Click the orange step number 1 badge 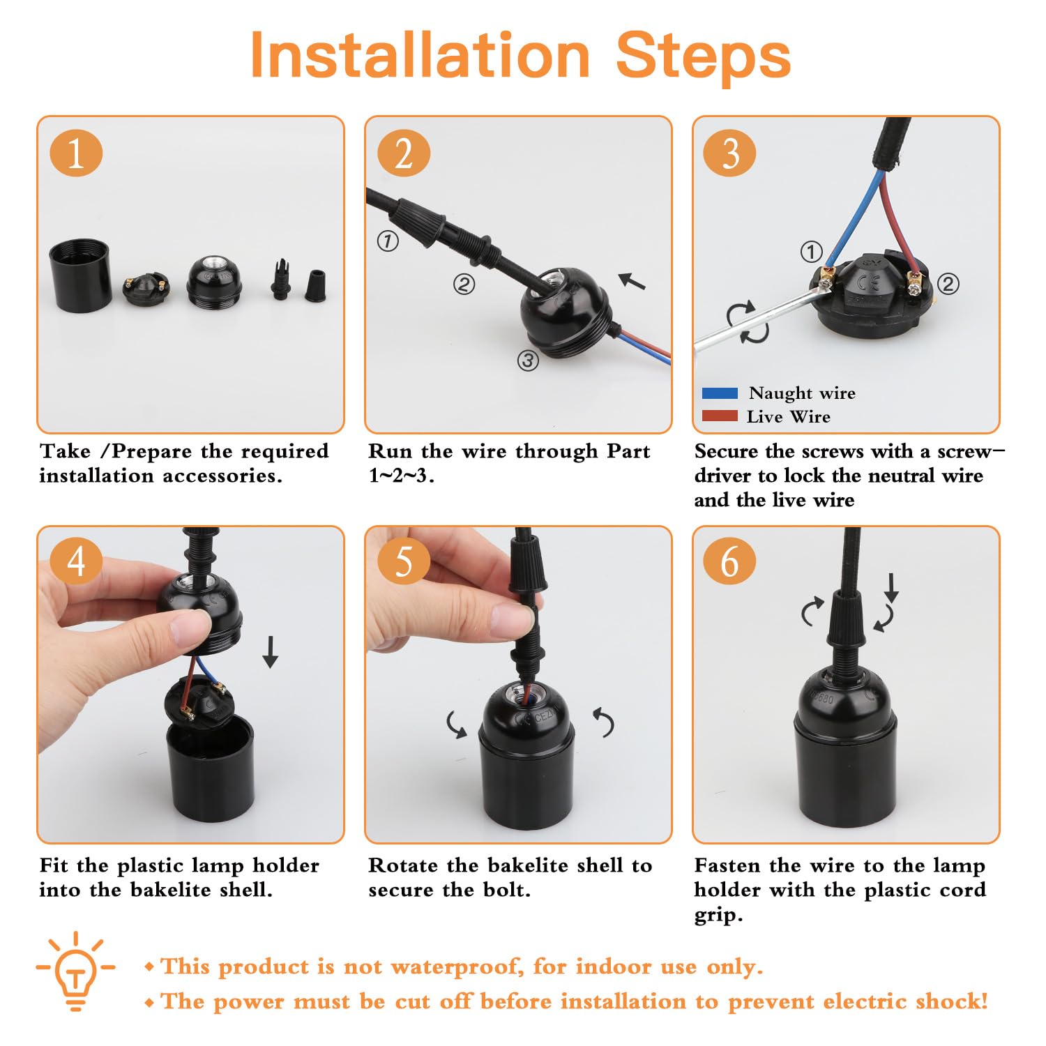pyautogui.click(x=76, y=153)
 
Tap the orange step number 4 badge pyautogui.click(x=76, y=561)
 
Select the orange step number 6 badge pyautogui.click(x=729, y=561)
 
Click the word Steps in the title pyautogui.click(x=704, y=56)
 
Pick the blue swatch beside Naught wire pyautogui.click(x=720, y=393)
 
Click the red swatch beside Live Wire pyautogui.click(x=720, y=416)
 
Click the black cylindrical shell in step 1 pyautogui.click(x=80, y=276)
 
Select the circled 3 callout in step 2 pyautogui.click(x=528, y=360)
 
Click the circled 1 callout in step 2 pyautogui.click(x=388, y=241)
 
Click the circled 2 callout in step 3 pyautogui.click(x=948, y=284)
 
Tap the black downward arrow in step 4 pyautogui.click(x=270, y=651)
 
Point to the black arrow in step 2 pyautogui.click(x=632, y=280)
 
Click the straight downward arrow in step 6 pyautogui.click(x=891, y=587)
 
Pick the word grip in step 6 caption pyautogui.click(x=718, y=916)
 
